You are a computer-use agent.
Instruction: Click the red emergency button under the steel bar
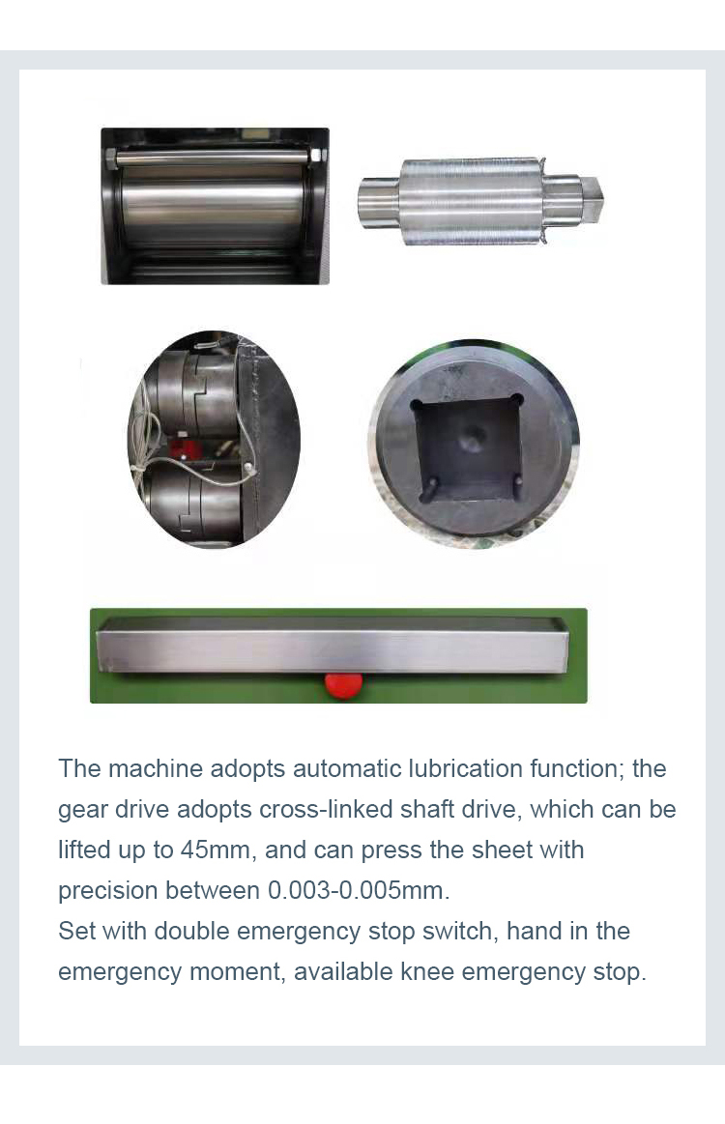343,684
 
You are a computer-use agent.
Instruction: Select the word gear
82,809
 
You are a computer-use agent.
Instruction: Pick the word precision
107,890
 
